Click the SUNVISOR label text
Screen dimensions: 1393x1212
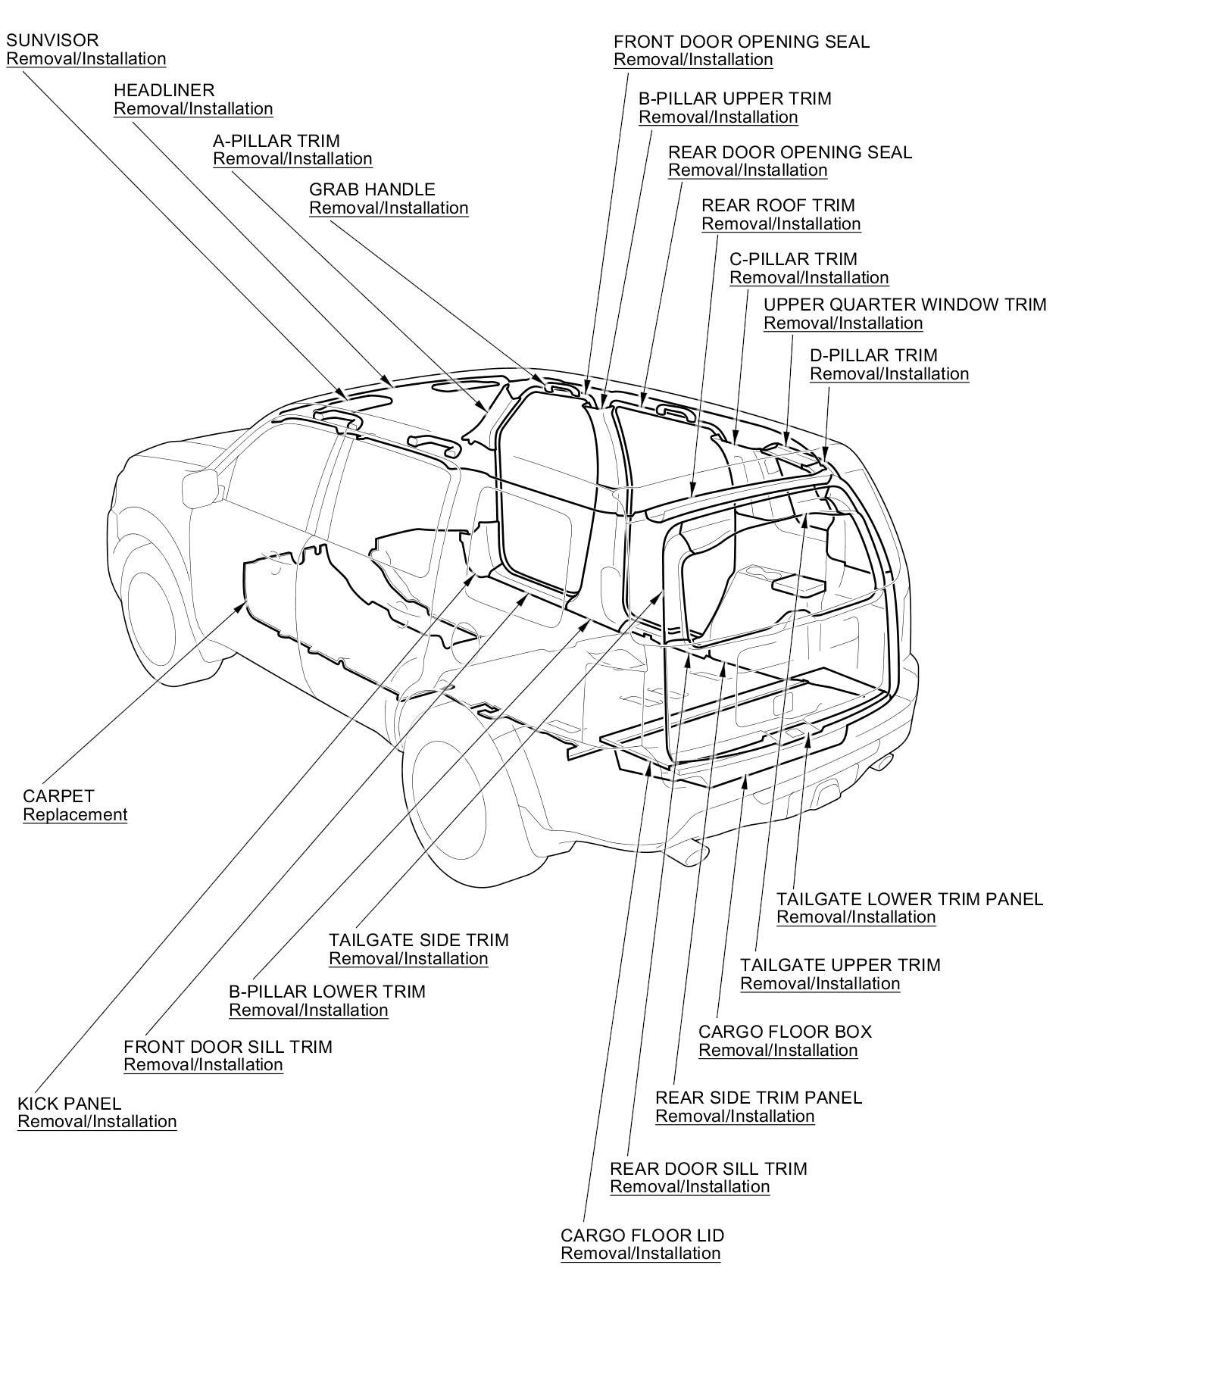[x=52, y=40]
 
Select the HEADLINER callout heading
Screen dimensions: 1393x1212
[x=164, y=90]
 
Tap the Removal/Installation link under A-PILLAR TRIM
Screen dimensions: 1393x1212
[x=292, y=159]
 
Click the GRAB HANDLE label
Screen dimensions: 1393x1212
[x=372, y=189]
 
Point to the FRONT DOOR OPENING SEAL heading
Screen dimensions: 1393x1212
[x=741, y=42]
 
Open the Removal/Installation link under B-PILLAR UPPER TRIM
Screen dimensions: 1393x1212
[x=718, y=117]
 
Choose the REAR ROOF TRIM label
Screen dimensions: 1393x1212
[x=778, y=205]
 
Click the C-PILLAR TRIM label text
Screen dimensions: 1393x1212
[x=793, y=259]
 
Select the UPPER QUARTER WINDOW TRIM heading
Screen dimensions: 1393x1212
[x=904, y=305]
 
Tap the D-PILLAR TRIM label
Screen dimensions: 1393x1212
[x=873, y=355]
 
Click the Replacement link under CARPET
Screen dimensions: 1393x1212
[x=75, y=815]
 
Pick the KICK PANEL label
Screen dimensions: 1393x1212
[x=69, y=1104]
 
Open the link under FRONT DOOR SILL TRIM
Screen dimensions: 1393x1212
[x=203, y=1065]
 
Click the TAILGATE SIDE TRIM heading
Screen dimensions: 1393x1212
[x=418, y=940]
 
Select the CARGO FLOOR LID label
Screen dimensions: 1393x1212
[x=642, y=1235]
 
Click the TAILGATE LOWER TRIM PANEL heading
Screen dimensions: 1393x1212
[x=910, y=899]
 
